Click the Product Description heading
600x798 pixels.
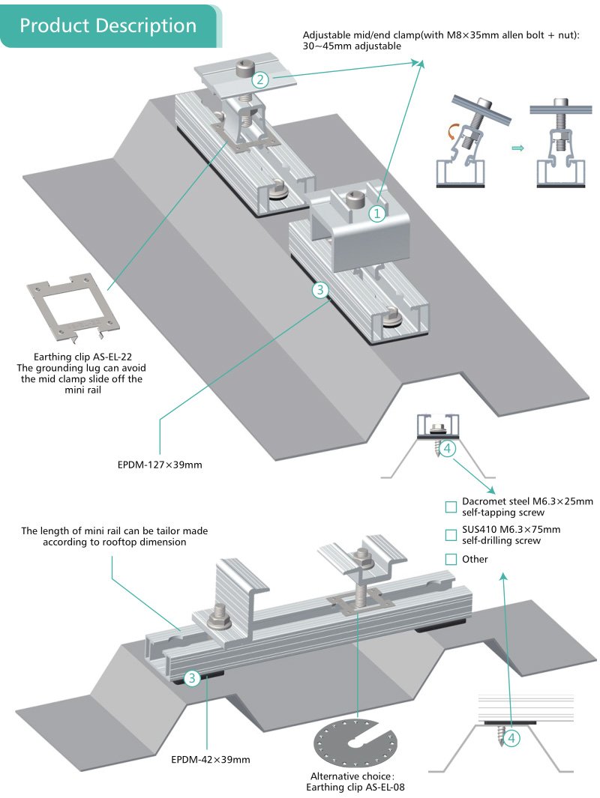(x=108, y=25)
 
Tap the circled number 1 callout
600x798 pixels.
(x=376, y=213)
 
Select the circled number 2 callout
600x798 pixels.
(x=260, y=79)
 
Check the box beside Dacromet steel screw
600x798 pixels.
(x=451, y=507)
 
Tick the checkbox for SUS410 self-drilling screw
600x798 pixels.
(x=451, y=535)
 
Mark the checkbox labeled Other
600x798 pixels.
(x=451, y=559)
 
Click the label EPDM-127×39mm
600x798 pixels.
(x=160, y=465)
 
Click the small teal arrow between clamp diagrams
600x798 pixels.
(x=516, y=149)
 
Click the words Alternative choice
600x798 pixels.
(x=352, y=776)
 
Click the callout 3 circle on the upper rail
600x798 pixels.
(x=321, y=290)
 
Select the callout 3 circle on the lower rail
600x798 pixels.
(x=192, y=679)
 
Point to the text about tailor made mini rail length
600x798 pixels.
(x=115, y=536)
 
